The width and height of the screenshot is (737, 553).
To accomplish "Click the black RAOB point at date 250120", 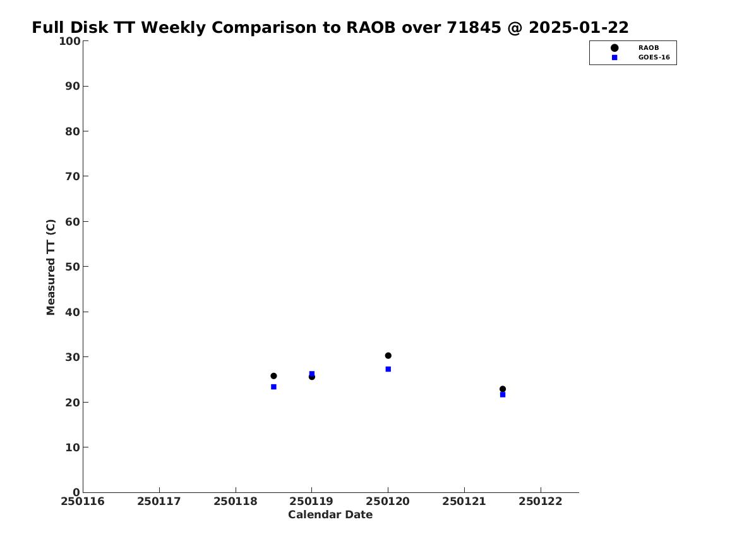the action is coord(388,355).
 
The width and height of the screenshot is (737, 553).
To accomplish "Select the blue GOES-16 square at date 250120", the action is coord(388,369).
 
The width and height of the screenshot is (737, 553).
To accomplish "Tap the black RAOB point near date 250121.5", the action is coord(503,389).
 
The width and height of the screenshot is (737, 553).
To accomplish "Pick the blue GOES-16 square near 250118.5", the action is coord(273,387).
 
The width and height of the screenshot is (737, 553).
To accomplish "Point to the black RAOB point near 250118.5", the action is coord(273,375).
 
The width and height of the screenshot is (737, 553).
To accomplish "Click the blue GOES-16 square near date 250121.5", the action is coord(503,394).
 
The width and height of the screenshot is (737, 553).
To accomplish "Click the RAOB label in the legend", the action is coord(649,48).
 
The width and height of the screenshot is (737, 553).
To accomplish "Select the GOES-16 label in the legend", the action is coord(654,58).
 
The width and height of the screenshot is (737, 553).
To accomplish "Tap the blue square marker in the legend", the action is coord(614,58).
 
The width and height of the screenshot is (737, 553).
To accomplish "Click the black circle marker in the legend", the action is coord(614,48).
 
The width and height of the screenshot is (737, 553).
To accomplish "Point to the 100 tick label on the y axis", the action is coord(69,41).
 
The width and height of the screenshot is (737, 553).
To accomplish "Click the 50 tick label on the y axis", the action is coord(73,267).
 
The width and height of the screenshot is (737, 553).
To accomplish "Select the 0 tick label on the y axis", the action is coord(76,492).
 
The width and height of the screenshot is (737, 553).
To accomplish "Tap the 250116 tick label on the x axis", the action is coord(83,502).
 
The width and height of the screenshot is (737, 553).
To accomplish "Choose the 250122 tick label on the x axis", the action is coord(541,502).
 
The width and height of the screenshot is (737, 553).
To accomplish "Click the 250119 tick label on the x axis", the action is coord(311,502).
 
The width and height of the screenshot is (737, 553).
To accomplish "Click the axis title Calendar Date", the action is coord(330,515).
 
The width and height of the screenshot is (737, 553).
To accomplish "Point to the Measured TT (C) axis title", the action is coord(51,267).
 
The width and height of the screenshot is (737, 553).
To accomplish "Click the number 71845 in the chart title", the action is coord(474,28).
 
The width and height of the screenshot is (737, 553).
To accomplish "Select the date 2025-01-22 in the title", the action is coord(578,28).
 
